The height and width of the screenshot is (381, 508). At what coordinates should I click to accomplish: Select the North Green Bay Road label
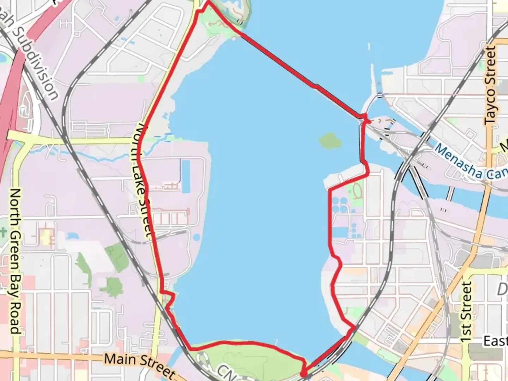(14, 261)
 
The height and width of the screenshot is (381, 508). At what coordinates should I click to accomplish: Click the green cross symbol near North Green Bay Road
(3, 232)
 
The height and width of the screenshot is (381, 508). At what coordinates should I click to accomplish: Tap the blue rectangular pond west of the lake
(185, 176)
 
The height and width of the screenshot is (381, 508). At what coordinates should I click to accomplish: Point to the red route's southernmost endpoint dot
(303, 374)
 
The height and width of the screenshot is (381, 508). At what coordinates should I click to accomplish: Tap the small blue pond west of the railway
(72, 235)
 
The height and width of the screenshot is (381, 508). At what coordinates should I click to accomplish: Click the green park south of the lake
(247, 356)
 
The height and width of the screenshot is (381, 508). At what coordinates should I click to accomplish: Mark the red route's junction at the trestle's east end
(364, 116)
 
